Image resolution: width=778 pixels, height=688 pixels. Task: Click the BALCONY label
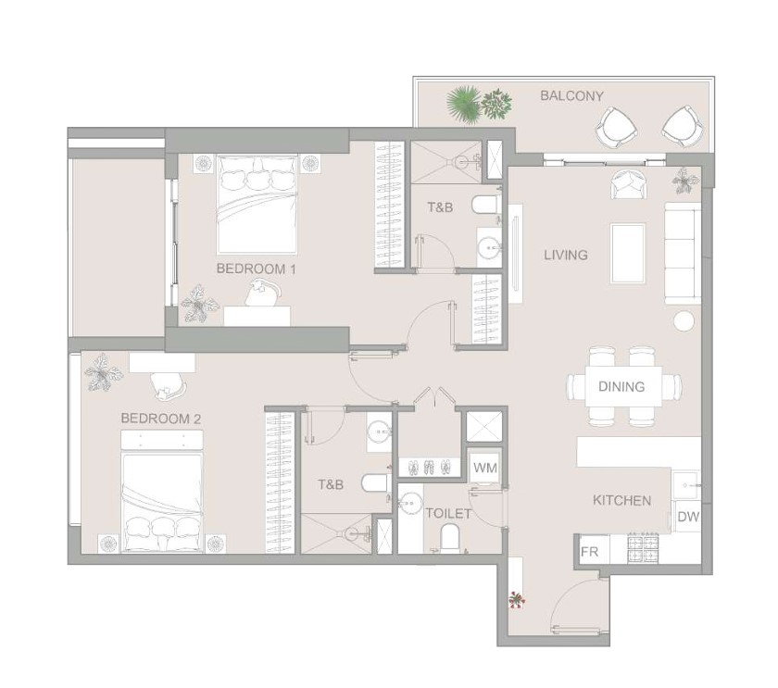[571, 95]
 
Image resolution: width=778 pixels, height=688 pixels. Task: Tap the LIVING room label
[566, 255]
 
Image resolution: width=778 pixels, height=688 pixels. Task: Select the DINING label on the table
[621, 386]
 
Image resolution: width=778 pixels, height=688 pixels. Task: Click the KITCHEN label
[621, 501]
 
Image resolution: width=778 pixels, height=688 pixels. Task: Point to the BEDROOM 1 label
[256, 269]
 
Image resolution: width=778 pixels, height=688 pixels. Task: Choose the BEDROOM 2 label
[161, 419]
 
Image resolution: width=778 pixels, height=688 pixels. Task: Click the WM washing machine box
[484, 467]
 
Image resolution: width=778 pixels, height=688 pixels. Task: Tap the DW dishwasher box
[687, 517]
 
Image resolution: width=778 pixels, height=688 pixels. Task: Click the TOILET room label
[448, 513]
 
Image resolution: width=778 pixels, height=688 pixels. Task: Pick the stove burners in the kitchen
[643, 548]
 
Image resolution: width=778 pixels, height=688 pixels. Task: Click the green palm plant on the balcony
[464, 103]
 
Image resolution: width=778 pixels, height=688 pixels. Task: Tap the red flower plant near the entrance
[516, 600]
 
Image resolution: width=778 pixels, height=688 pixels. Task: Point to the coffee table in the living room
[628, 254]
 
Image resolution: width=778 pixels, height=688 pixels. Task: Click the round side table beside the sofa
[684, 321]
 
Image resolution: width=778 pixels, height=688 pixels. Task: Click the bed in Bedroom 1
[257, 204]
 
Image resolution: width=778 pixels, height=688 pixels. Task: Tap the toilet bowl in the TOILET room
[450, 537]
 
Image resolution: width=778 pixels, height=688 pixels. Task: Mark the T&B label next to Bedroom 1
[440, 207]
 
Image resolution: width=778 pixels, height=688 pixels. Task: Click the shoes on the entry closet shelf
[429, 467]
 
